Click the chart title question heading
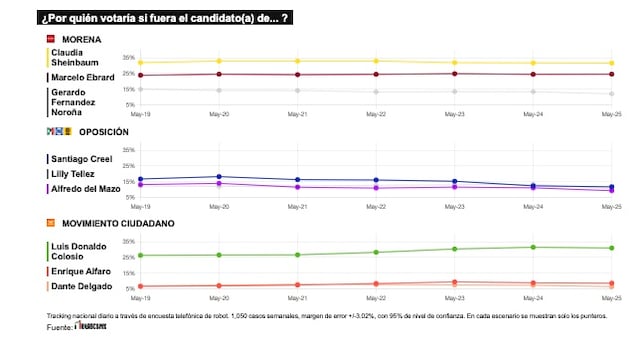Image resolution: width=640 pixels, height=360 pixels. pyautogui.click(x=166, y=18)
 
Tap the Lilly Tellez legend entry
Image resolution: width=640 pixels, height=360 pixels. pyautogui.click(x=76, y=173)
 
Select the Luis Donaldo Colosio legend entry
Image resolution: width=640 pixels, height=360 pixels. pyautogui.click(x=80, y=250)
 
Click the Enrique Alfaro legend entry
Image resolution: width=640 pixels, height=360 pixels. pyautogui.click(x=81, y=271)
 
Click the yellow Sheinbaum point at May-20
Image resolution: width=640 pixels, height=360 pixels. pyautogui.click(x=220, y=61)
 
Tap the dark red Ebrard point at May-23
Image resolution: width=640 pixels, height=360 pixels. pyautogui.click(x=454, y=73)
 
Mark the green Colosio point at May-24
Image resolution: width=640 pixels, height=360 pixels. pyautogui.click(x=532, y=247)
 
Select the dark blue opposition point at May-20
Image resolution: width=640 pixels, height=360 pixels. pyautogui.click(x=220, y=176)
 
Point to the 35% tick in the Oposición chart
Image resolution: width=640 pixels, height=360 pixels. pyautogui.click(x=128, y=150)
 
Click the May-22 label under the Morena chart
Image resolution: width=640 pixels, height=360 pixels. pyautogui.click(x=376, y=114)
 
